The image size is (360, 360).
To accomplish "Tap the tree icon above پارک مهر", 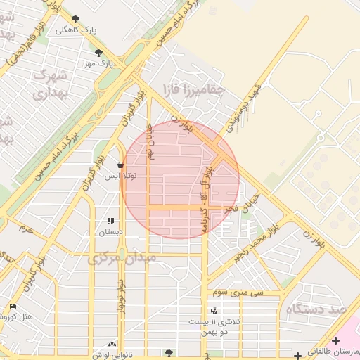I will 98,52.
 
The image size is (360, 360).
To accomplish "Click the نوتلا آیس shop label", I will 120,176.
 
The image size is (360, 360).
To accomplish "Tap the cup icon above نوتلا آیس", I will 120,165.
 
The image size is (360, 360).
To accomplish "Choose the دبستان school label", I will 110,231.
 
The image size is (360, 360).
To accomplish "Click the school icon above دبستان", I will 110,221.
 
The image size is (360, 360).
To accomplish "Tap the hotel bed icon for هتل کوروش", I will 13,306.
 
